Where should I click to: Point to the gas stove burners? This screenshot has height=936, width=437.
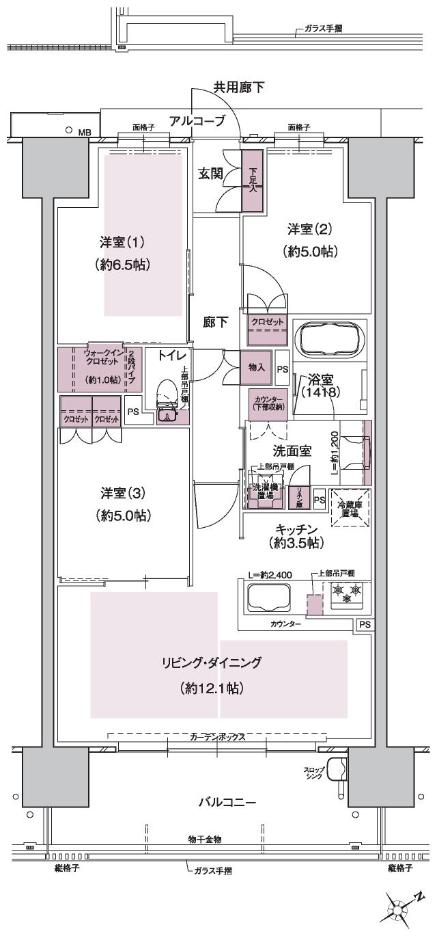pyautogui.click(x=347, y=593)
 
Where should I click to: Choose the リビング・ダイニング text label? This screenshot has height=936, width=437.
pyautogui.click(x=212, y=662)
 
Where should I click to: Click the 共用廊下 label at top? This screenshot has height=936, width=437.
pyautogui.click(x=238, y=87)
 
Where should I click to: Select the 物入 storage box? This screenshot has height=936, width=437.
pyautogui.click(x=257, y=368)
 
